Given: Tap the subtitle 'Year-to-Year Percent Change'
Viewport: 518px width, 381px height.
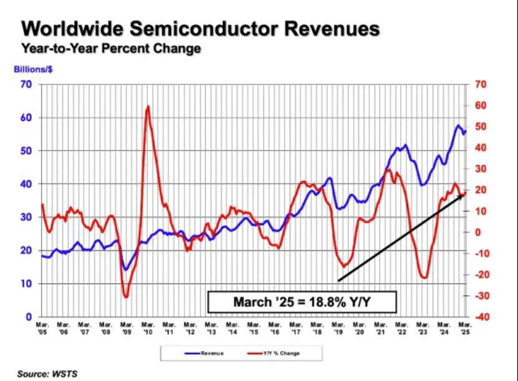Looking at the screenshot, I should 111,49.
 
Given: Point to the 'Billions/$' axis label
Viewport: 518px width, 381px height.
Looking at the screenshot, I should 36,70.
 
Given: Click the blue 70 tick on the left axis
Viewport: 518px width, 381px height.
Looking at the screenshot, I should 27,84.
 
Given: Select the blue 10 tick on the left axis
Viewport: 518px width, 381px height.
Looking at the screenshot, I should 27,284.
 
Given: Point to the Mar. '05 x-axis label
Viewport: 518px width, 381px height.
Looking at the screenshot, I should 43,328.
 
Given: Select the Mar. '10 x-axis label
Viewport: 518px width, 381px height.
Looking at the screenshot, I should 148,328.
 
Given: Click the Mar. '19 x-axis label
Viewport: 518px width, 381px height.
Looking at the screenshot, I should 338,328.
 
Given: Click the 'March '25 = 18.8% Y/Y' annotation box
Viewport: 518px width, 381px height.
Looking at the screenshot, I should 302,302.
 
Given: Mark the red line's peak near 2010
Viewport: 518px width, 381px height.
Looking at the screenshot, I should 148,107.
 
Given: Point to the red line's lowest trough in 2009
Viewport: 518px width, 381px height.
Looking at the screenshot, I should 126,297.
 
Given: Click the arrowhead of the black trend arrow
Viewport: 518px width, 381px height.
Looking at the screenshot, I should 464,195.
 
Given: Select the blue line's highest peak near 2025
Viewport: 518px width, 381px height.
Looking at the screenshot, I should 458,126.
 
